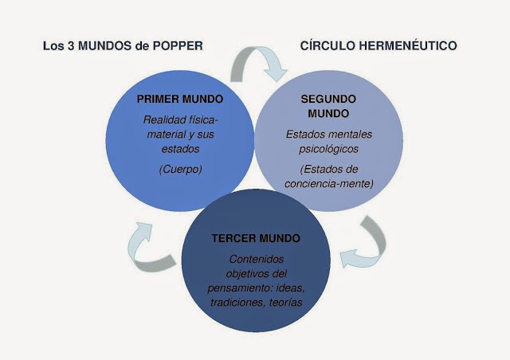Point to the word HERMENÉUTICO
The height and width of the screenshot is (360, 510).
[410, 45]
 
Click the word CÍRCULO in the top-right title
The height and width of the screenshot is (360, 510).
[329, 45]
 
